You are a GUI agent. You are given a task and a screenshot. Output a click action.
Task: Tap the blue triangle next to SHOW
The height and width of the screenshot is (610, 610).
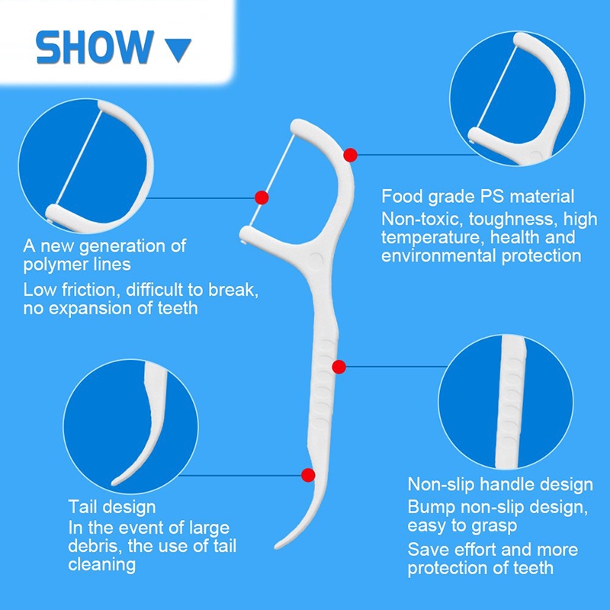pyautogui.click(x=178, y=48)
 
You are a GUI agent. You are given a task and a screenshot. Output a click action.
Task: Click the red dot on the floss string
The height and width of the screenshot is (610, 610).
pyautogui.click(x=262, y=197)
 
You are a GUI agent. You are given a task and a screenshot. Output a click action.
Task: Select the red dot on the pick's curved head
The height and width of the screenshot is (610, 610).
pyautogui.click(x=350, y=155)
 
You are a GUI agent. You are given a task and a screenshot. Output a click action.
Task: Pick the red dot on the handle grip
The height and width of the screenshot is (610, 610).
pyautogui.click(x=339, y=367)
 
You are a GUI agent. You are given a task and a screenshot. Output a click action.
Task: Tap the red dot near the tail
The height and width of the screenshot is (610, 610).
pyautogui.click(x=308, y=475)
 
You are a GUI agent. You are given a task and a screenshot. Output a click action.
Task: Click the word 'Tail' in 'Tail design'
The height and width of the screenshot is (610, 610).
pyautogui.click(x=82, y=507)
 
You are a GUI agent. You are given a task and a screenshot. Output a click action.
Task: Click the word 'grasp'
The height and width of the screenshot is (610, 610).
pyautogui.click(x=493, y=526)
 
